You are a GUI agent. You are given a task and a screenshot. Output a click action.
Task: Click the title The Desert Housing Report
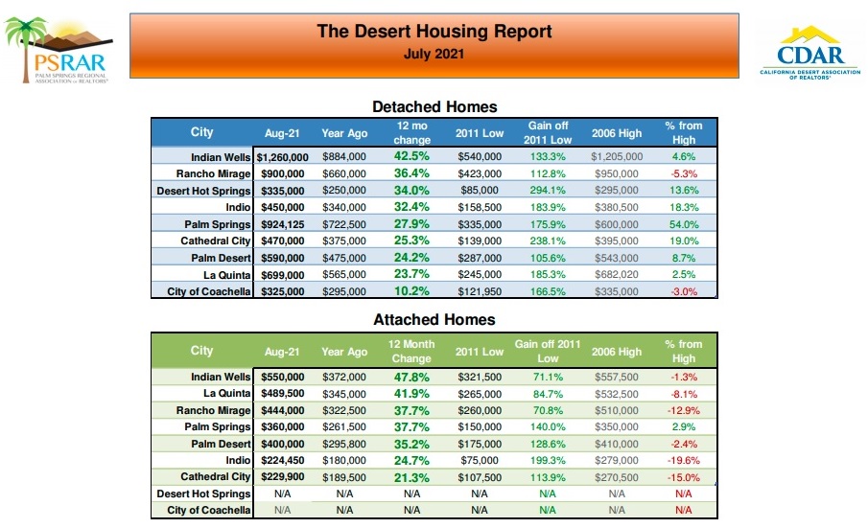pos(434,32)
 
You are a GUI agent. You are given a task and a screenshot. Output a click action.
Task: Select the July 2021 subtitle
pos(434,54)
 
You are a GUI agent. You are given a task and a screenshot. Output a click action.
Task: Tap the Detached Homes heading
pos(434,106)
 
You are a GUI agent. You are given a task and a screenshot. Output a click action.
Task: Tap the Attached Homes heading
pos(434,319)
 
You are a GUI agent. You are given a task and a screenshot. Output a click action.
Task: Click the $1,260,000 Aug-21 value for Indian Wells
pos(282,156)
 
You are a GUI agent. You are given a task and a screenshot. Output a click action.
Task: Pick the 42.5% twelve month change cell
pos(411,156)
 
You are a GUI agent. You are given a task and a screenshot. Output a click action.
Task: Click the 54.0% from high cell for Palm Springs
pos(683,224)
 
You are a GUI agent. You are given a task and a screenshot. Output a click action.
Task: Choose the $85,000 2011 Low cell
pos(480,190)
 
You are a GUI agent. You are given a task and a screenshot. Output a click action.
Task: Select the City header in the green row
pos(201,351)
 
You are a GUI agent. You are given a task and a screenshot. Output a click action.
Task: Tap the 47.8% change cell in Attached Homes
pos(411,377)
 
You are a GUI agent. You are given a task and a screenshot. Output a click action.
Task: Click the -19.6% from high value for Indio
pos(683,459)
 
